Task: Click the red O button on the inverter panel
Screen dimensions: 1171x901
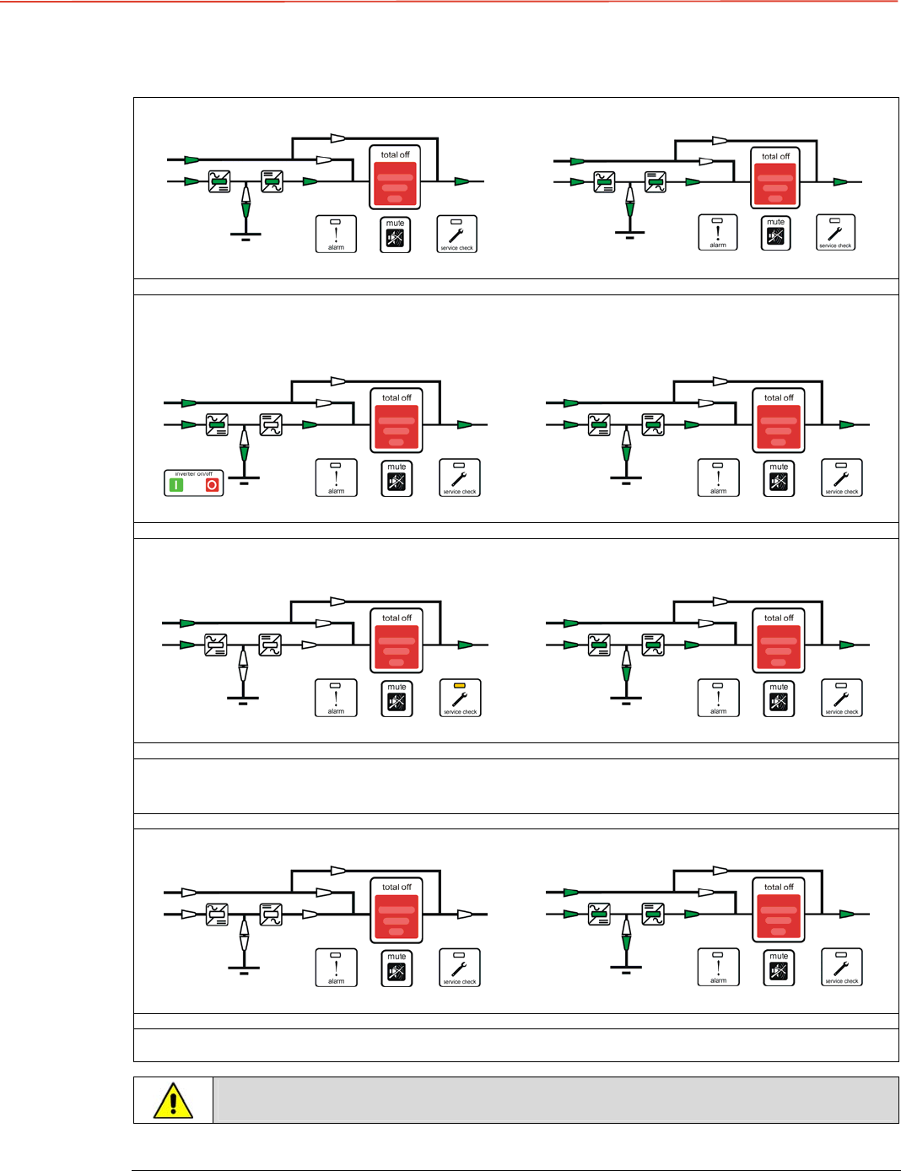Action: tap(212, 485)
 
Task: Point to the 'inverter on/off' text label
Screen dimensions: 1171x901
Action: tap(193, 474)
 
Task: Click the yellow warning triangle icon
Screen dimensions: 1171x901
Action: tap(173, 1101)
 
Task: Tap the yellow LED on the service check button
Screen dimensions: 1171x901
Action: tap(460, 686)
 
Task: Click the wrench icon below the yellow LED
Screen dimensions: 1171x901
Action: tap(460, 699)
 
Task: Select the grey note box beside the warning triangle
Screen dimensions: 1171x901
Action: tap(555, 1100)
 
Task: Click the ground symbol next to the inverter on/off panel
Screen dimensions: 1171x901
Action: tap(245, 480)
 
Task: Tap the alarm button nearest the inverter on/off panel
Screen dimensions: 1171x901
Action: tap(336, 478)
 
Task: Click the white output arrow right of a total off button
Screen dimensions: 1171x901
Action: tap(464, 914)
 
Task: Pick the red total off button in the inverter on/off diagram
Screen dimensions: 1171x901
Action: tap(397, 428)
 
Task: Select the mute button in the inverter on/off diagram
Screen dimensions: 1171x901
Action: tap(397, 478)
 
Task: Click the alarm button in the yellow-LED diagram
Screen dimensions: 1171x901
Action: tap(336, 698)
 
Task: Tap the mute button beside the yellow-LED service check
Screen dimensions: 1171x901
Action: tap(397, 699)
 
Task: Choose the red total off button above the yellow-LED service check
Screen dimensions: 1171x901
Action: tap(397, 648)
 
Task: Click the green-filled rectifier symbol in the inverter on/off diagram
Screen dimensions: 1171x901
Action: tap(217, 424)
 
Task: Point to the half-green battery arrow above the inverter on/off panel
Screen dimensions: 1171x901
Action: tap(245, 447)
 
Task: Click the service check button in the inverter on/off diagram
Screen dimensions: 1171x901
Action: tap(460, 478)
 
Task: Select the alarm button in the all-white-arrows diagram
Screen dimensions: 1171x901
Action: tap(336, 968)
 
